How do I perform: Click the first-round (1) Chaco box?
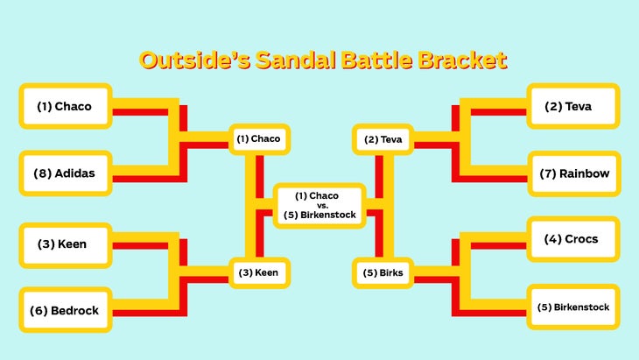pyautogui.click(x=65, y=106)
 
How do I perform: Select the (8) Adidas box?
pyautogui.click(x=65, y=173)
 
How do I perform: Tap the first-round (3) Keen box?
pyautogui.click(x=65, y=245)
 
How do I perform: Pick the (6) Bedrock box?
pyautogui.click(x=65, y=310)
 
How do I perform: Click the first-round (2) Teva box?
pyautogui.click(x=573, y=106)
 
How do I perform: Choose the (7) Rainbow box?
pyautogui.click(x=574, y=173)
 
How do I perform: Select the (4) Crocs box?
pyautogui.click(x=573, y=239)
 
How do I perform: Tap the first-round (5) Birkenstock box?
pyautogui.click(x=573, y=307)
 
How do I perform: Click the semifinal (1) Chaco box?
pyautogui.click(x=259, y=139)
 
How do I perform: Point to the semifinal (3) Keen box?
pyautogui.click(x=259, y=272)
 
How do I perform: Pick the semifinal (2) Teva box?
pyautogui.click(x=383, y=139)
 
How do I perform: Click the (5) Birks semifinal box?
pyautogui.click(x=383, y=272)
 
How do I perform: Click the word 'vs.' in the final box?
pyautogui.click(x=322, y=206)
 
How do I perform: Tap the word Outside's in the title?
pyautogui.click(x=194, y=60)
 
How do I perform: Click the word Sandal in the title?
pyautogui.click(x=295, y=60)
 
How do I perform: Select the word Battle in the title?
pyautogui.click(x=377, y=60)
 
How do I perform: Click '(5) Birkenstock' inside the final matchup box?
pyautogui.click(x=319, y=215)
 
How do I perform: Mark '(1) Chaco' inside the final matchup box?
pyautogui.click(x=317, y=196)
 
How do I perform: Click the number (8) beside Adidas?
pyautogui.click(x=42, y=173)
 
